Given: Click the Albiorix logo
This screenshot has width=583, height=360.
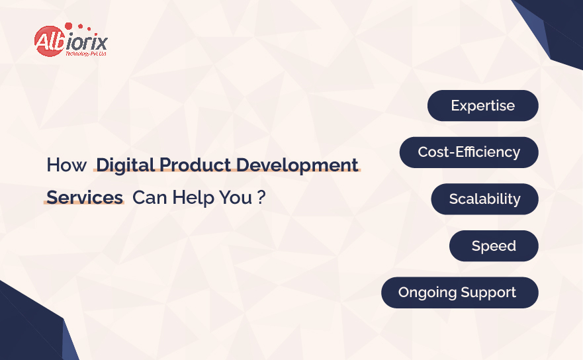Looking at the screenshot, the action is [71, 40].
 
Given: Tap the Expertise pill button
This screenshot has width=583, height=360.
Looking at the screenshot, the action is [482, 106].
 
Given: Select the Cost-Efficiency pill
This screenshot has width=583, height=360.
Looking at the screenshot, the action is [469, 152].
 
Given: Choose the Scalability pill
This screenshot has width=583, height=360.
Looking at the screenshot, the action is [484, 199].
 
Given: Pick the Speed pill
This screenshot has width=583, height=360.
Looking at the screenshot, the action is [494, 246].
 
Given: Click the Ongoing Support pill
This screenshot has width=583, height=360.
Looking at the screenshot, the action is [459, 292].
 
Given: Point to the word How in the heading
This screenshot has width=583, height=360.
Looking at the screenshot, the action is [67, 165].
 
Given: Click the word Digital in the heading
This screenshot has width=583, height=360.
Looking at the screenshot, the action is [125, 165].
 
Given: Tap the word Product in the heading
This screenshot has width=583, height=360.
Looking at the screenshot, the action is [196, 165].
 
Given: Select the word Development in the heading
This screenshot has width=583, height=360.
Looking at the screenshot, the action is [297, 165].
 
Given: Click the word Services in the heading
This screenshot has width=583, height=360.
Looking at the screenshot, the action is [85, 197].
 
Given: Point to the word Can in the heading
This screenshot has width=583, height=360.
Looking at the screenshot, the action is [150, 197].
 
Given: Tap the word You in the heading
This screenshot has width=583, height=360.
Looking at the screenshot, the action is [236, 197].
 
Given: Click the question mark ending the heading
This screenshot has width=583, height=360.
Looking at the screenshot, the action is [261, 197].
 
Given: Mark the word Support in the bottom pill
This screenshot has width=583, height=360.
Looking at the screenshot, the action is [488, 293].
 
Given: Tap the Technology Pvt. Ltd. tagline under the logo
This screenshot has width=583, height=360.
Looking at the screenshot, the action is [86, 54].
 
